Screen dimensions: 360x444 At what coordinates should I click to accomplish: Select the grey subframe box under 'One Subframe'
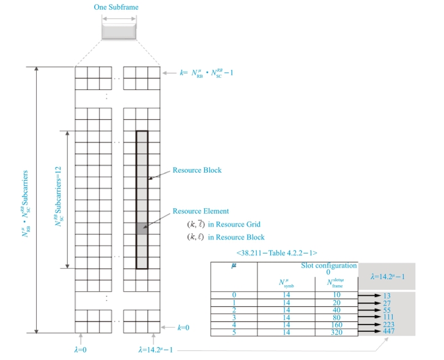(x=119, y=32)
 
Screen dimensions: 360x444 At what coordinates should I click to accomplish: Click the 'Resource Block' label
(x=197, y=170)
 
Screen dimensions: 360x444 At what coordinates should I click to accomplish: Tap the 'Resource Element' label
(x=200, y=211)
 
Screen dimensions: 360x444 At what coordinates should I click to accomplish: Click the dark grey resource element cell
(x=141, y=230)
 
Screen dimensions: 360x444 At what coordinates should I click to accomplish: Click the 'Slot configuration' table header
(x=329, y=265)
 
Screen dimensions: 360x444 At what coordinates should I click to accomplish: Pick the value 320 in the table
(x=336, y=331)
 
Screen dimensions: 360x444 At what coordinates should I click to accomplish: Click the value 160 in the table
(x=336, y=324)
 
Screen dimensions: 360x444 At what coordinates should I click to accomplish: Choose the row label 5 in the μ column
(x=234, y=331)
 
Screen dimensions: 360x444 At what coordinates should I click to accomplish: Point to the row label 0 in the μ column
(x=234, y=295)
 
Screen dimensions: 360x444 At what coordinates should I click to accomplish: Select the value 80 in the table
(x=336, y=317)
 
